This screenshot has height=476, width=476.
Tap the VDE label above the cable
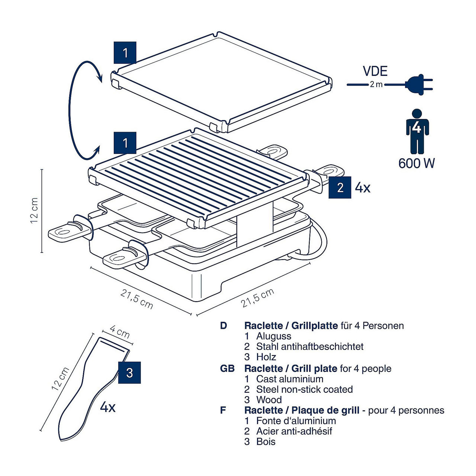pos(375,71)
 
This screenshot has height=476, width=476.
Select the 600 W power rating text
pos(416,163)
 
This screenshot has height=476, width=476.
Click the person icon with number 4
pos(417,131)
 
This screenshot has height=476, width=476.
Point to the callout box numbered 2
pos(340,187)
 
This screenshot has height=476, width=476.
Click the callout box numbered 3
pos(129,373)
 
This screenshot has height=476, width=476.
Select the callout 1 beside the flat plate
pos(125,53)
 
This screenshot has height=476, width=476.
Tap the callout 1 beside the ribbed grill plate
pos(125,143)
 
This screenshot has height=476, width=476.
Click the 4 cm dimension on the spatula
pos(120,331)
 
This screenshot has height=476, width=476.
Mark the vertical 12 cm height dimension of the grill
pos(35,210)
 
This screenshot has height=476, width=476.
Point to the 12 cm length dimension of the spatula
pos(60,379)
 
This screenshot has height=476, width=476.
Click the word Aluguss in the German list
pos(273,336)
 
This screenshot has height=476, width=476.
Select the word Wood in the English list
pos(269,400)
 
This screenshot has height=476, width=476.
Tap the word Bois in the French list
pos(266,442)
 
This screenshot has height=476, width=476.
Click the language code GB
pos(227,369)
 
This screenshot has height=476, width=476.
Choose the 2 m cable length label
pos(376,85)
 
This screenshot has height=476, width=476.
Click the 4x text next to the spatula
pos(107,408)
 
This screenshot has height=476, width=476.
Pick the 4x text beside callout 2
pos(363,188)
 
